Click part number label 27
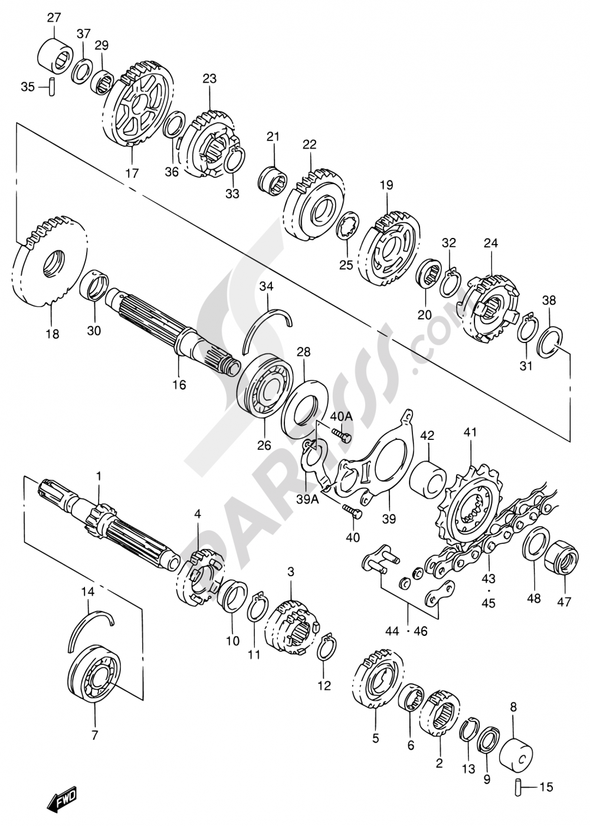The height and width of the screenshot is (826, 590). click(x=54, y=18)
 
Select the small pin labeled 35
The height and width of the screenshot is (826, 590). click(x=52, y=87)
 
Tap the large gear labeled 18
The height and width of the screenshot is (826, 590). click(x=50, y=261)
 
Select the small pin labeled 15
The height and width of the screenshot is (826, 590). click(x=515, y=786)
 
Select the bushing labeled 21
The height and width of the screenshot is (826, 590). click(x=273, y=177)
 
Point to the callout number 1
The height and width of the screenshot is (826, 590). click(x=99, y=475)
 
